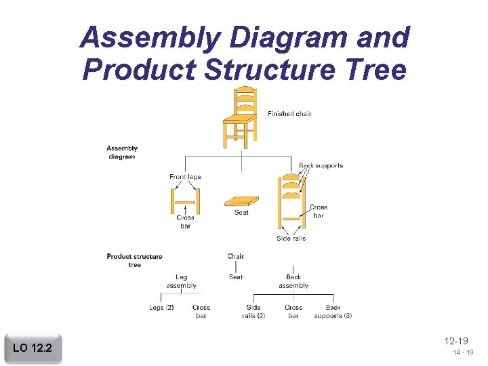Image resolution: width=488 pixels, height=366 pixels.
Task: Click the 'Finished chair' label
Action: pos(289,114)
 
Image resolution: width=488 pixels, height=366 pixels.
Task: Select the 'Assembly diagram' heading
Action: pos(122,152)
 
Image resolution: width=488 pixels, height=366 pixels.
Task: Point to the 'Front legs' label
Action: pos(185,177)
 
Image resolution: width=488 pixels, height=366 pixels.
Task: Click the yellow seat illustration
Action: pos(241,201)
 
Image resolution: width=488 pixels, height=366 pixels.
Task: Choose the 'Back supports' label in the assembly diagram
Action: pos(321,165)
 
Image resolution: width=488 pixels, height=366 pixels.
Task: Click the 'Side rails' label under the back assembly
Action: pos(291,239)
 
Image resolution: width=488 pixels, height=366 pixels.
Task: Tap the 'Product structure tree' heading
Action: pos(134,260)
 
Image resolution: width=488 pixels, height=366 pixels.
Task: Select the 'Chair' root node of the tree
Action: pos(236,256)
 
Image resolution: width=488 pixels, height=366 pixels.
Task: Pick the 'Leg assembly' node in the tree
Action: pos(181,281)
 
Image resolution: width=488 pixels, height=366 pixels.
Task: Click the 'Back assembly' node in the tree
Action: pos(293,281)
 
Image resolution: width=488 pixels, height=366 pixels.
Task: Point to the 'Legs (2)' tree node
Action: pos(161,308)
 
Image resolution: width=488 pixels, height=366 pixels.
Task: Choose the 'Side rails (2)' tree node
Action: pos(253,311)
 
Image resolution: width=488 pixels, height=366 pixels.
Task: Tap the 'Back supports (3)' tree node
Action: pos(333,311)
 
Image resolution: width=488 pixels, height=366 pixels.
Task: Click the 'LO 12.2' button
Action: pos(33,348)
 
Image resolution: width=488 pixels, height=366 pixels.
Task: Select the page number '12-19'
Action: pos(457,341)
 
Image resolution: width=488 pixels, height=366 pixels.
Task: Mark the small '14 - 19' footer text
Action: pos(464,353)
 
